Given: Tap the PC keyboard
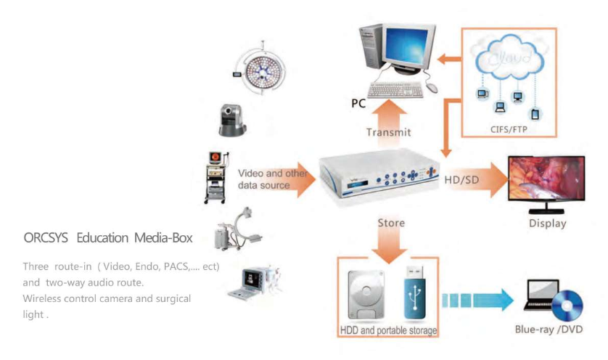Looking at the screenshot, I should click(x=395, y=89).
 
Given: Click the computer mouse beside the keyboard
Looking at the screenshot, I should click(x=432, y=87).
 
